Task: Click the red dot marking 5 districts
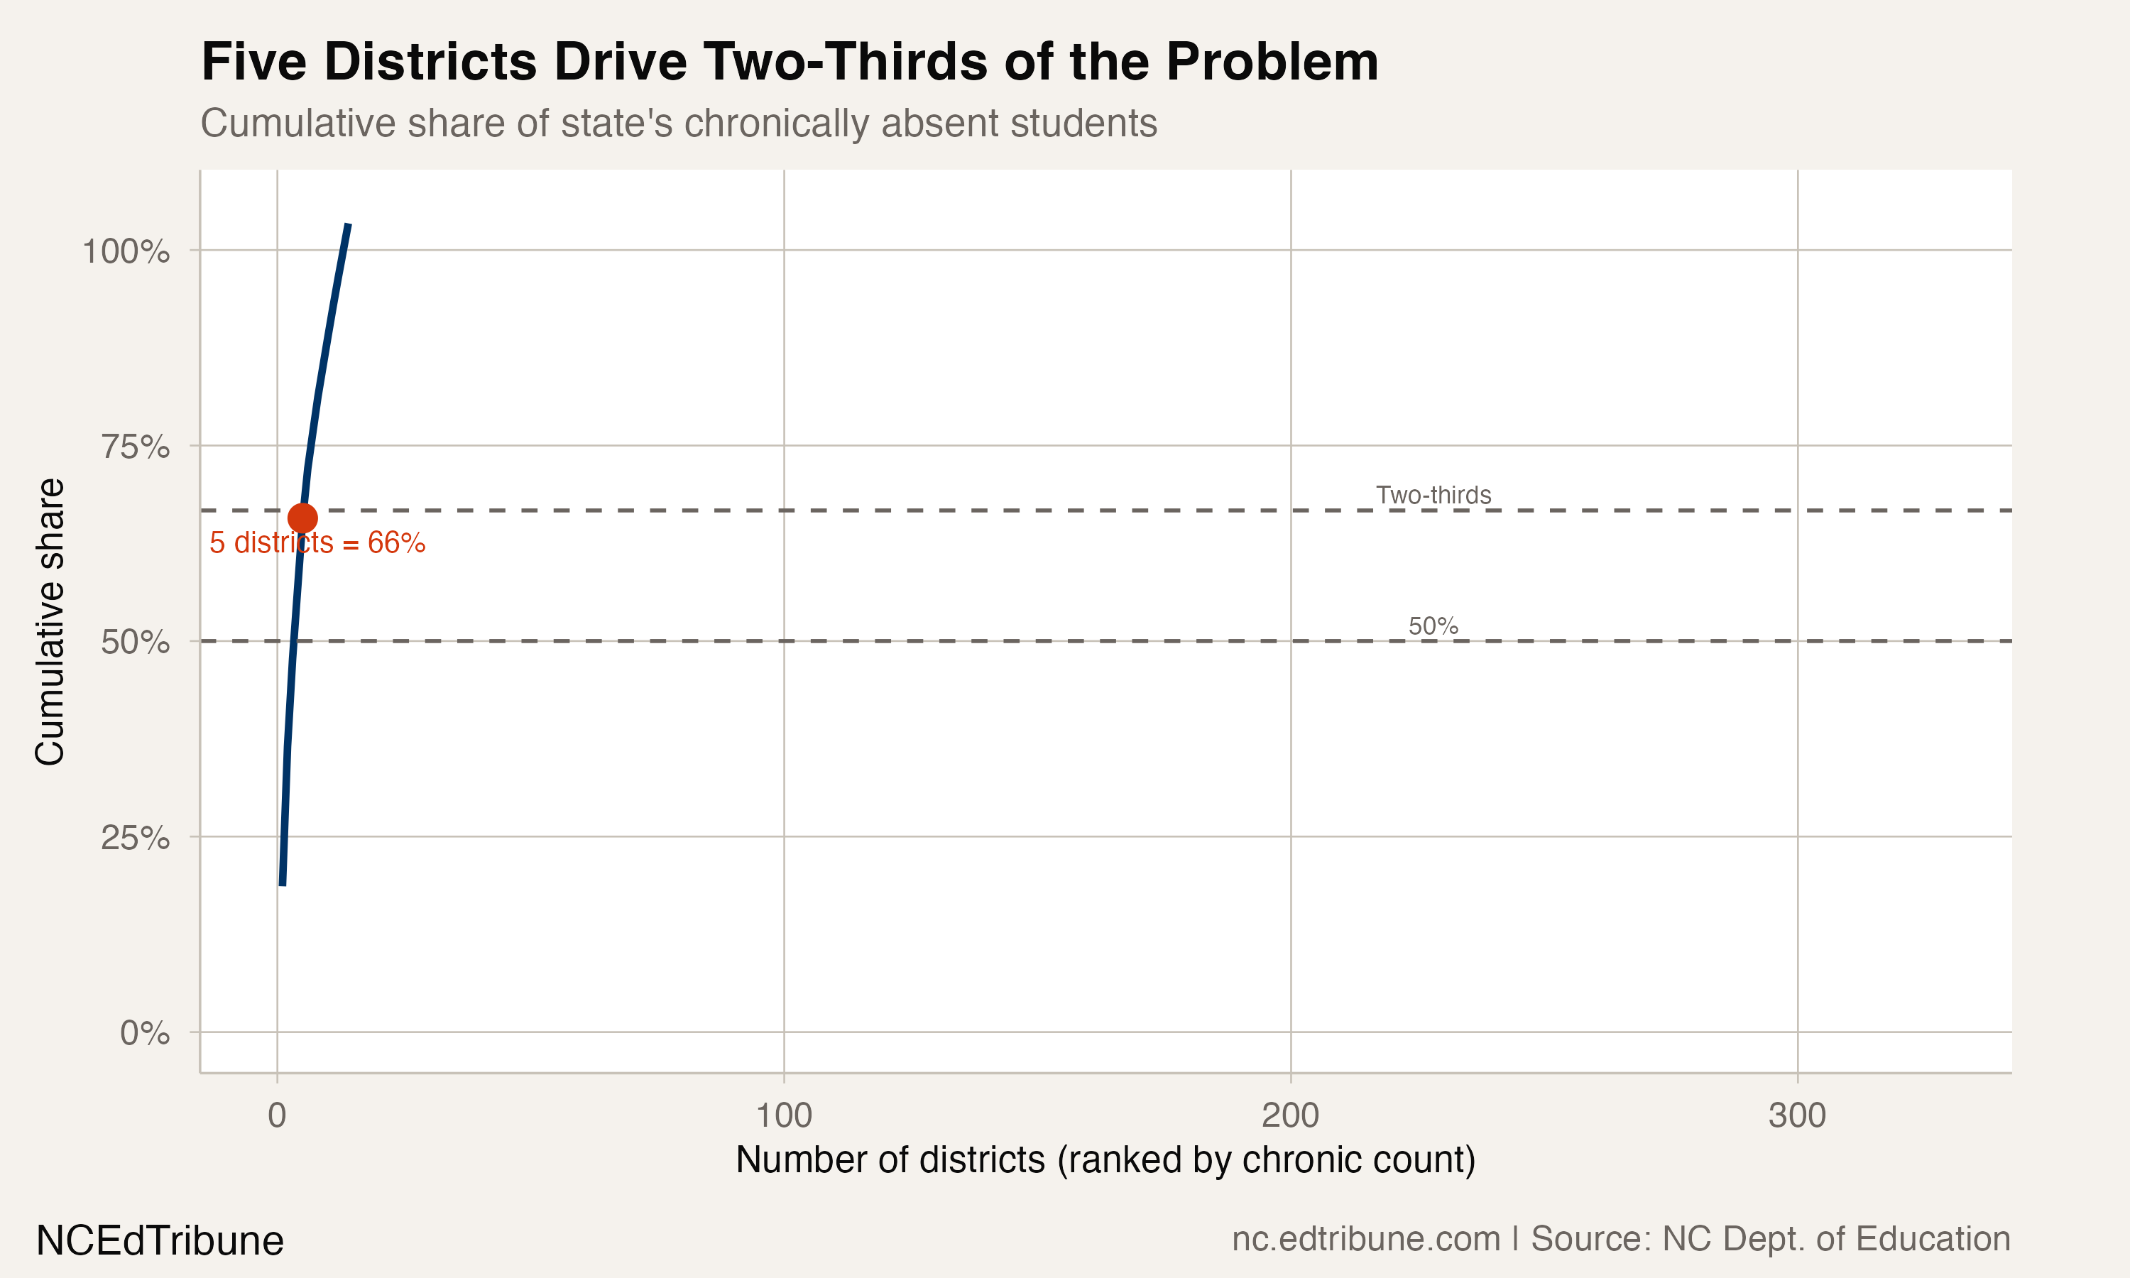coord(302,518)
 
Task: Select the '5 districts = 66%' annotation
coord(317,543)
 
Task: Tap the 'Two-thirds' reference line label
coord(1433,495)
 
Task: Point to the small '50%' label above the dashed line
coord(1433,626)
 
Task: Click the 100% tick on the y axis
coord(126,251)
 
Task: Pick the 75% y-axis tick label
coord(135,447)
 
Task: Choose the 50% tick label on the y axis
coord(135,643)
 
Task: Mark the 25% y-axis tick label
coord(135,837)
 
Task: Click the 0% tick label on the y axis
coord(145,1032)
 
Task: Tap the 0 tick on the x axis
coord(276,1116)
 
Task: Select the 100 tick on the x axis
coord(783,1116)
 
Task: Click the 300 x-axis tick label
coord(1797,1116)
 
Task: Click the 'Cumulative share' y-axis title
coord(50,622)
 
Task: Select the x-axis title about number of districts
coord(1105,1160)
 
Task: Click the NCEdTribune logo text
coord(160,1241)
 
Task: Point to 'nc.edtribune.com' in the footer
coord(1365,1239)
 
